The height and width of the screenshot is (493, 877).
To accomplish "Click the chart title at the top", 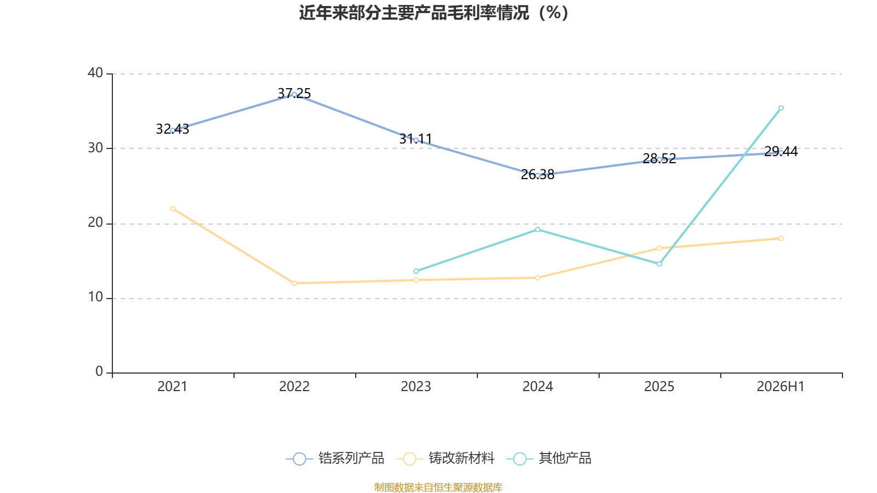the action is point(434,13).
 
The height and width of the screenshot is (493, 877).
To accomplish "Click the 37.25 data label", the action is point(294,94).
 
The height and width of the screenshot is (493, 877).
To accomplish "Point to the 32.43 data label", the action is point(172,129).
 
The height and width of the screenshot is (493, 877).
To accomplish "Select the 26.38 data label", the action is point(538,175).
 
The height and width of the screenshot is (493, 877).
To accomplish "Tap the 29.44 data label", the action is point(781,151).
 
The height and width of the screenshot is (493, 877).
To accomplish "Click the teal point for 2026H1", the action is point(781,108).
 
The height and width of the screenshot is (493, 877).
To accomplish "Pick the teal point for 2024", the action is point(538,230).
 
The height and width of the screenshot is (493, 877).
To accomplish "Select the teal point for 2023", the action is point(416,271).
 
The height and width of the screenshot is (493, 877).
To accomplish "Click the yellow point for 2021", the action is point(173,209).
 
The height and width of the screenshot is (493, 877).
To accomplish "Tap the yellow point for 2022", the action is point(294,283).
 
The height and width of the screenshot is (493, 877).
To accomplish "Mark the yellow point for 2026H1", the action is point(781,238).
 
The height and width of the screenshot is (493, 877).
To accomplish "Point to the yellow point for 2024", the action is point(538,278).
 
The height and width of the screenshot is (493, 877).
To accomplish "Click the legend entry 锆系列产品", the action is point(335,458).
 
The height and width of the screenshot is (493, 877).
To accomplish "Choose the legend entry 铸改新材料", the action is point(446,458).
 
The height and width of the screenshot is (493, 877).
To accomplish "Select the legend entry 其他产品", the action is point(549,458).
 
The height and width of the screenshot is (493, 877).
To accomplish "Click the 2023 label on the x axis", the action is point(416,387).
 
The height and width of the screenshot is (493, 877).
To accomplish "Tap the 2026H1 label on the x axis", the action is point(781,387).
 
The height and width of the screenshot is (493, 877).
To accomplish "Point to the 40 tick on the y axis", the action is point(95,73).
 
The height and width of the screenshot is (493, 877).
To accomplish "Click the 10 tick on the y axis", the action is point(95,297).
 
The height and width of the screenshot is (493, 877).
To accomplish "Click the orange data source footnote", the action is point(438,487).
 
